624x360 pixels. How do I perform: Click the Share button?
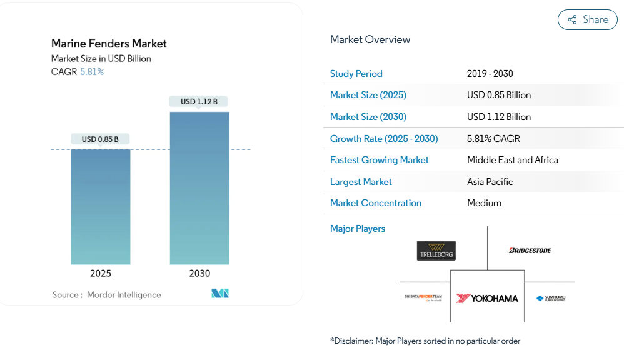[588, 20]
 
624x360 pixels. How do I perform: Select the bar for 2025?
[101, 206]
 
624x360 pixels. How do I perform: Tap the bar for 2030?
[199, 187]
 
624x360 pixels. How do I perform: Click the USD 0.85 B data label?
[100, 139]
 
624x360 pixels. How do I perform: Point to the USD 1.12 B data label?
[199, 101]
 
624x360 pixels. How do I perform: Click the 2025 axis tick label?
[101, 273]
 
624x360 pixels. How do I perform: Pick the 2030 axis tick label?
[199, 273]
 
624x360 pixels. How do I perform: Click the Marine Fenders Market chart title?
[109, 44]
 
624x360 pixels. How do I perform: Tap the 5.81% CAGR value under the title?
[92, 72]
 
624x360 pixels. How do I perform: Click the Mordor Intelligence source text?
[124, 295]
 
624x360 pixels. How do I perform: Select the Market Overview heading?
[370, 40]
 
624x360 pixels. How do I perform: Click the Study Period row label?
[356, 74]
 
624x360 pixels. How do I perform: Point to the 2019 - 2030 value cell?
[490, 74]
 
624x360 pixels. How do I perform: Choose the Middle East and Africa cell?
[512, 160]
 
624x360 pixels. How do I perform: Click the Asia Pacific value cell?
[490, 182]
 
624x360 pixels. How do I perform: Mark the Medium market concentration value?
[484, 203]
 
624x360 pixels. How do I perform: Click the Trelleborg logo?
[436, 251]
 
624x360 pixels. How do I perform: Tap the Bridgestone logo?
[530, 251]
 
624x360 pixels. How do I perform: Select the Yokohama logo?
[487, 298]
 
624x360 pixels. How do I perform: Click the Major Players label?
[358, 229]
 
